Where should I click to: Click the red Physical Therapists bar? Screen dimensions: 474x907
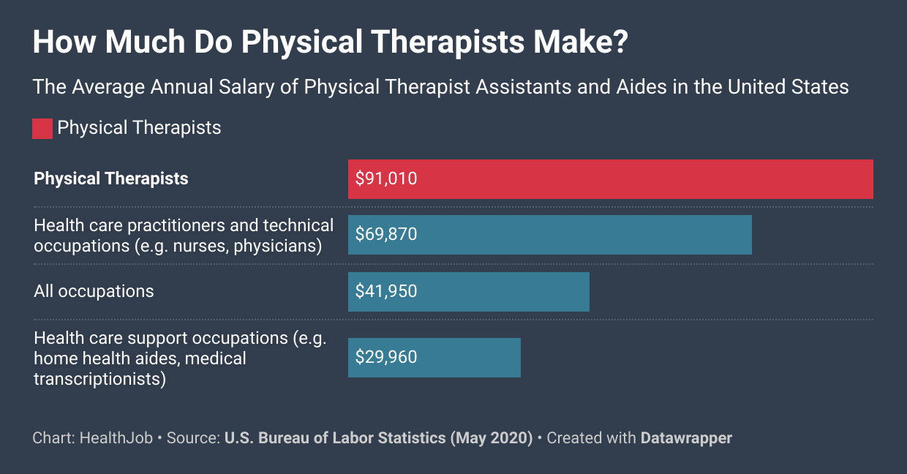point(610,179)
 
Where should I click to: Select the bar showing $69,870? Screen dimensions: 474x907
point(549,235)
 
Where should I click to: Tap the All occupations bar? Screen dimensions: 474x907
point(468,292)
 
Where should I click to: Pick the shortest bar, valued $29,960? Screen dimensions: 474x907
point(434,358)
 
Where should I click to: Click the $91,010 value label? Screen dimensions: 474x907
point(386,178)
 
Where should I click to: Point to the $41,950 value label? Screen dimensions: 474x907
point(386,291)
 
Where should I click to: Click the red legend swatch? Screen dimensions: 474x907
point(42,129)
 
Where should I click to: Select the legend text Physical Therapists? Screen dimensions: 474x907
point(139,128)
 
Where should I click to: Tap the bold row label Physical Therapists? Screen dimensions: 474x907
point(111,178)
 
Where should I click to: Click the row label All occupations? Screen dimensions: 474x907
point(94,291)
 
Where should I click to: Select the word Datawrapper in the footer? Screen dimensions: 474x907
point(686,438)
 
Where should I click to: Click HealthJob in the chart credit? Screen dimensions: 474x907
point(116,438)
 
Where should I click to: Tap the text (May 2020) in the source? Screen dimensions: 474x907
point(491,438)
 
